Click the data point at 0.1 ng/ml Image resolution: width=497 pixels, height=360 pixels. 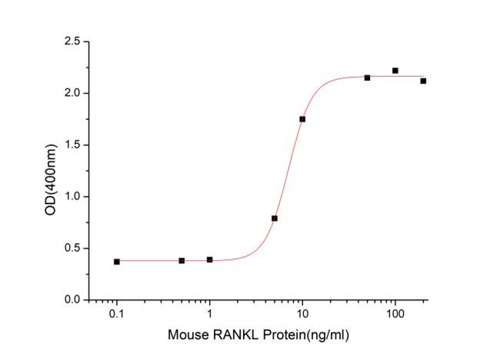pos(117,262)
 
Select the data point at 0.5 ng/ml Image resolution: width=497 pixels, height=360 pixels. pos(182,261)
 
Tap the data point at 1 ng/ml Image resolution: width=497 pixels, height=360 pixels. pos(210,260)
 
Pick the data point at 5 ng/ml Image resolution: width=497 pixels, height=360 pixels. pos(275,218)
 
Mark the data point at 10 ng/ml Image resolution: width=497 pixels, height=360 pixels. pos(302,119)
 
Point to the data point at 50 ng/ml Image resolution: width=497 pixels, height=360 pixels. pos(367,78)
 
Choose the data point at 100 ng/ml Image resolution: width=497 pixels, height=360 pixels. pos(395,71)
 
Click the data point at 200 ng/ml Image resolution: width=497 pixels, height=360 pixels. pos(423,81)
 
